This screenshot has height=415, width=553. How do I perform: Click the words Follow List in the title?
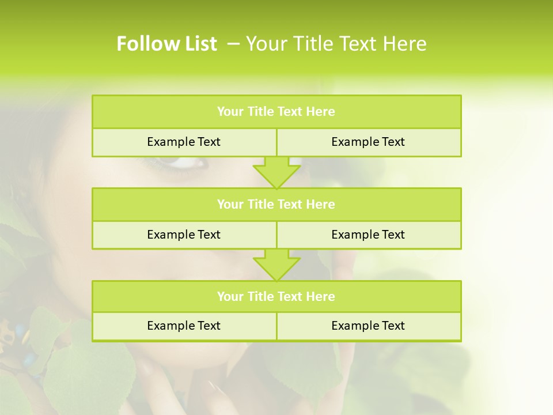coord(166,44)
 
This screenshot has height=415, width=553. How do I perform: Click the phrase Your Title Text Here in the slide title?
coord(336,44)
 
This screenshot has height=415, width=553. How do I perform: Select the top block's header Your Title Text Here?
coord(276,112)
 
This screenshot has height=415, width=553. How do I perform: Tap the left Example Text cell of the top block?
coord(184,142)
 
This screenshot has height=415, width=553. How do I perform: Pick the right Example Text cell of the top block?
coord(368,142)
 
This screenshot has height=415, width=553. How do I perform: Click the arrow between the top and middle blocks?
coord(276,172)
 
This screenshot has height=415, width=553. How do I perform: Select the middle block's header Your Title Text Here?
coord(276,204)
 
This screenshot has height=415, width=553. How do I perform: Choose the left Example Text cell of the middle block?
coord(184,235)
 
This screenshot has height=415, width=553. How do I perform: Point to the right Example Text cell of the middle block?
coord(368,235)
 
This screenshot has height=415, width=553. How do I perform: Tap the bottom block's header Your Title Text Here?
coord(276,296)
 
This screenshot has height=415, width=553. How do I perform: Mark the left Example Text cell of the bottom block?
coord(184,326)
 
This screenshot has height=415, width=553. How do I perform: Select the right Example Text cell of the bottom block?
coord(368,326)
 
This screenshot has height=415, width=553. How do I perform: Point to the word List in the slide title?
coord(200,44)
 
